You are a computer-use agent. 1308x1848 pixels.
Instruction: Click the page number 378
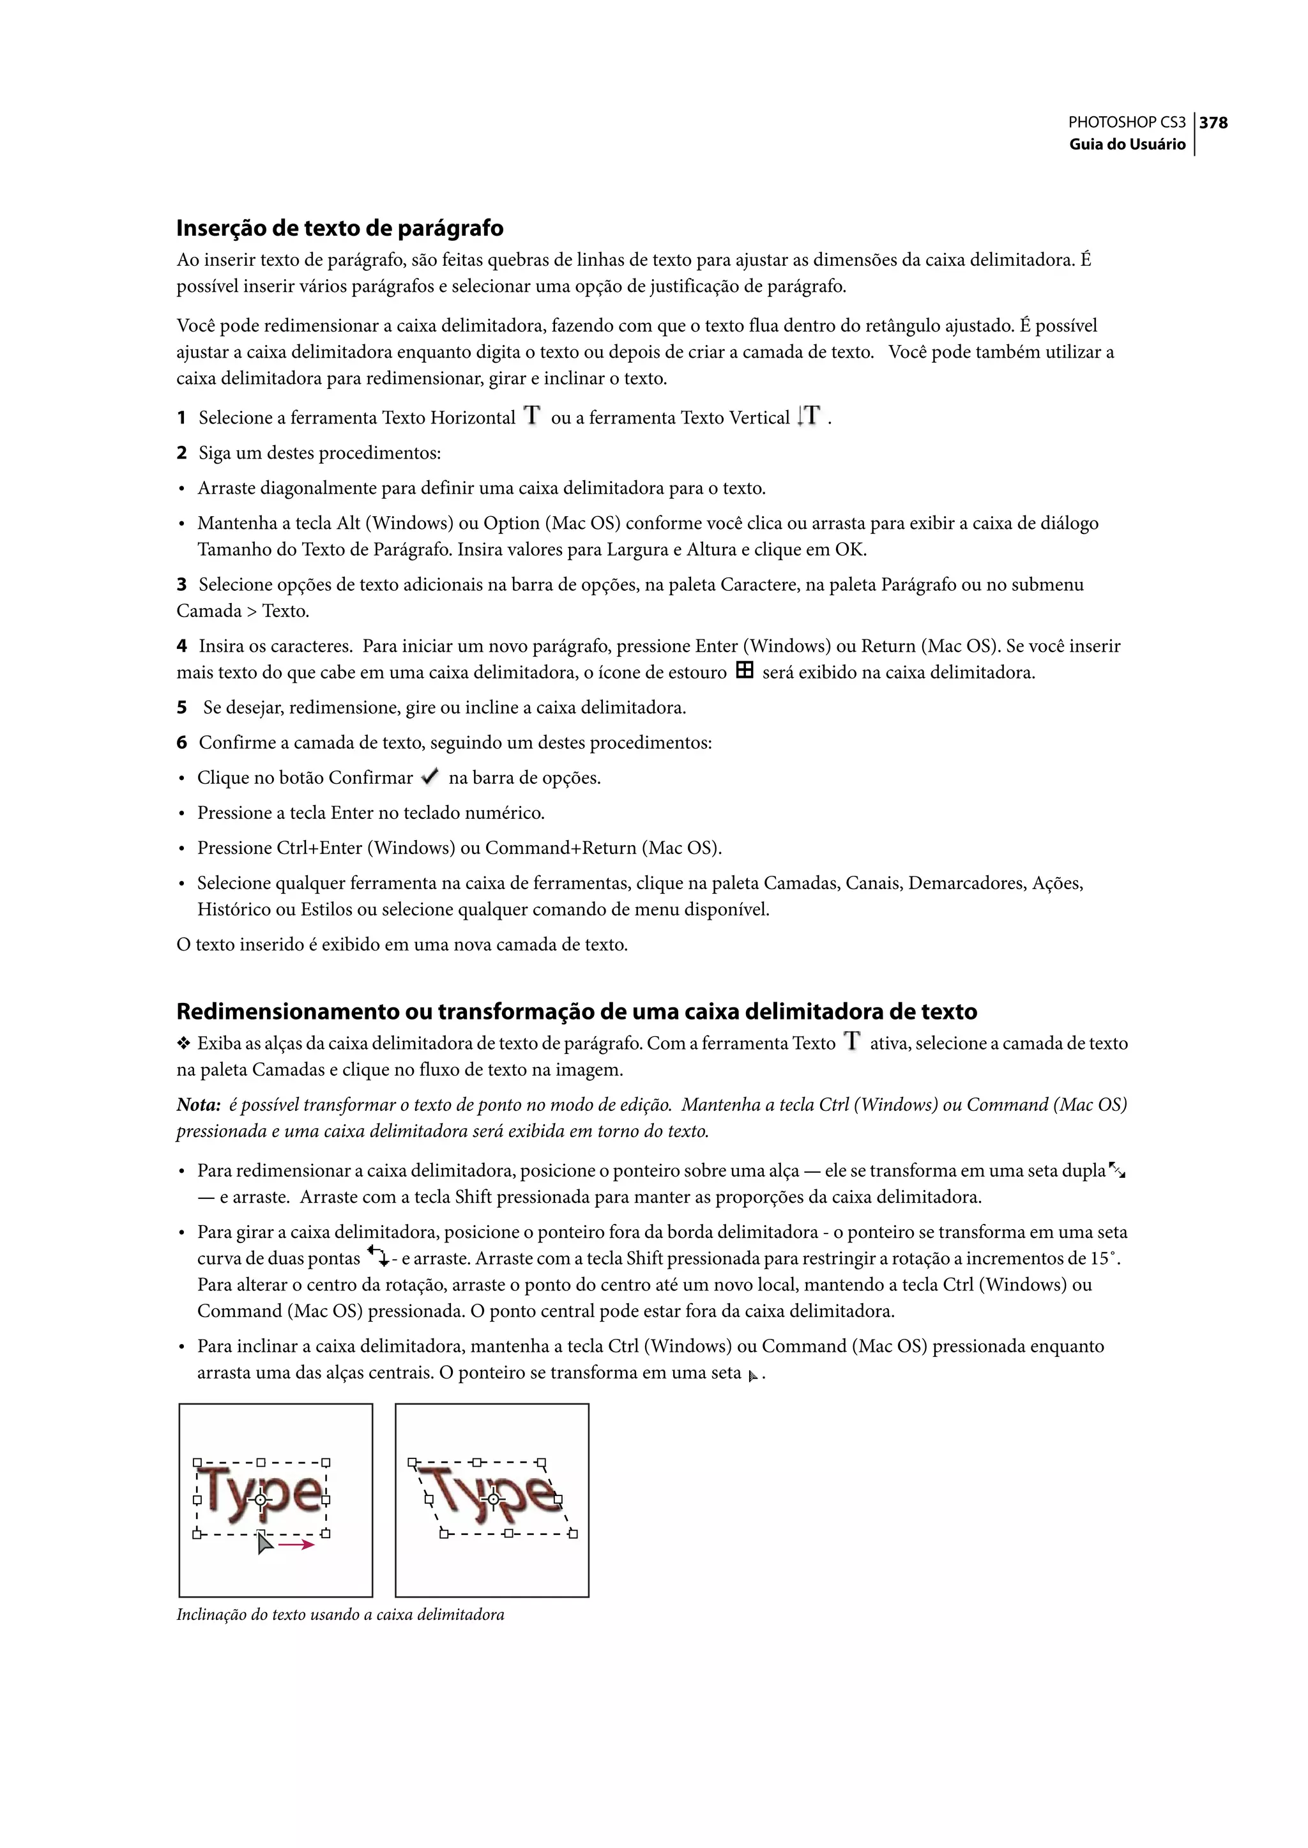click(x=1213, y=123)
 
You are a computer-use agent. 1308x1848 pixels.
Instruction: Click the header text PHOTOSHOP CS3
click(x=1126, y=123)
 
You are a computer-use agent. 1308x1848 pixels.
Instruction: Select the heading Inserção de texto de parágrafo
click(x=339, y=228)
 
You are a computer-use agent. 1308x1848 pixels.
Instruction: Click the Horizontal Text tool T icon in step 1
click(x=531, y=416)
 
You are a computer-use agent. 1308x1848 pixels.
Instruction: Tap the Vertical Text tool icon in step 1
click(x=809, y=416)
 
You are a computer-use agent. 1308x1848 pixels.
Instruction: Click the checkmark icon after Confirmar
click(x=430, y=777)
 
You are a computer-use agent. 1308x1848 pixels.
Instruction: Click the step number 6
click(x=181, y=743)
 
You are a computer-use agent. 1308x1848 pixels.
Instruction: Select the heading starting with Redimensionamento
click(x=576, y=1011)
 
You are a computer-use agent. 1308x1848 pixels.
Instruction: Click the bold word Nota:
click(x=198, y=1105)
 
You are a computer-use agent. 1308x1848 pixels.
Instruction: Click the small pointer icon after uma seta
click(x=752, y=1377)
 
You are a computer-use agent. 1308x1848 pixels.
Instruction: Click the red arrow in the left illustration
click(x=296, y=1545)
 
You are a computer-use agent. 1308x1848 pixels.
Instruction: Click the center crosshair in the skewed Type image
click(x=494, y=1499)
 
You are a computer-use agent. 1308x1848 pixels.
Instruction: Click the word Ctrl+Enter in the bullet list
click(x=319, y=848)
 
